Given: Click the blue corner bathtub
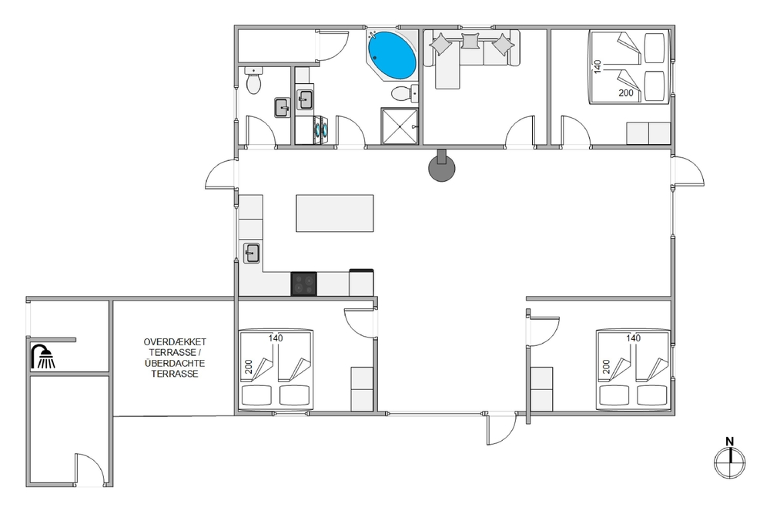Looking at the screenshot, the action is [392, 55].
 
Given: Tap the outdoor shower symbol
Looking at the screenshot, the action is [43, 356].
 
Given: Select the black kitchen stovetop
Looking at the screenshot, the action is [304, 284].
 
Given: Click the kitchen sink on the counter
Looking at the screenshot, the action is [252, 253].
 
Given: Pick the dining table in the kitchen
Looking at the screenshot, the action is [335, 213].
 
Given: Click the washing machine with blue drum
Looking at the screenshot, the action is [320, 130].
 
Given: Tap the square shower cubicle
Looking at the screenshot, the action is [400, 126].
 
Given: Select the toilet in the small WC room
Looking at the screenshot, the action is [253, 81].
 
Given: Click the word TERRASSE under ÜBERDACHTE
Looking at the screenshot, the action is [175, 374].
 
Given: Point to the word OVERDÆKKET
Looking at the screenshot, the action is [175, 342].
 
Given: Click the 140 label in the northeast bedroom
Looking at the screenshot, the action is [598, 67].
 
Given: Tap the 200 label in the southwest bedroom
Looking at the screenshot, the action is [249, 367].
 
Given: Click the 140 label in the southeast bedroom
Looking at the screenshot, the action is [634, 338].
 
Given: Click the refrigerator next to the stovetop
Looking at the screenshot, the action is [361, 283].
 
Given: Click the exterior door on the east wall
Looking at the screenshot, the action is [688, 171].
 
